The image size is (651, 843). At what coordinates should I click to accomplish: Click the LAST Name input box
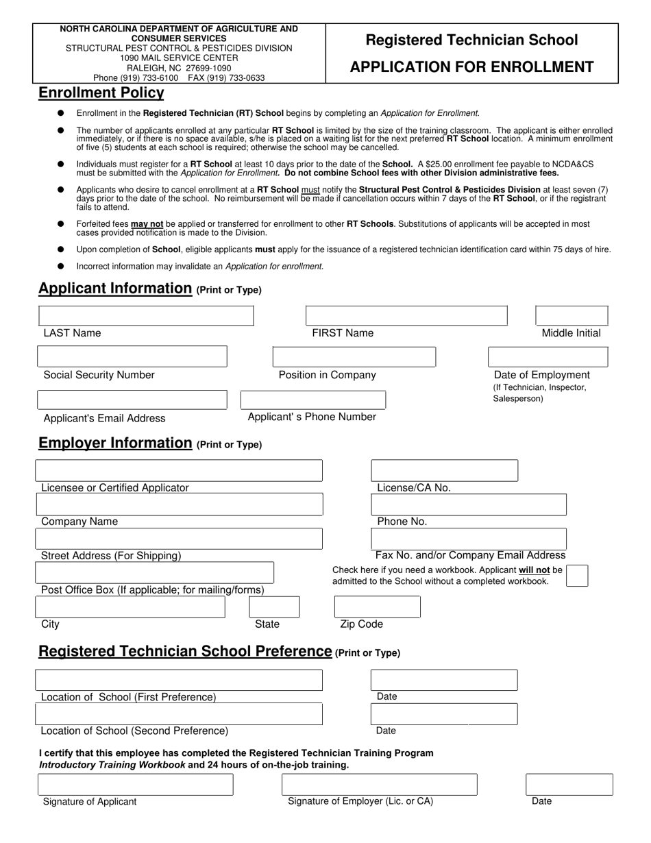[x=146, y=316]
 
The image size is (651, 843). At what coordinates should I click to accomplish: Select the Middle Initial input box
[x=571, y=316]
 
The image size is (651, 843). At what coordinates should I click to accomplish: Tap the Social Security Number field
[x=132, y=357]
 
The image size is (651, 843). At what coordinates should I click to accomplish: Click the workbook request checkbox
[x=577, y=576]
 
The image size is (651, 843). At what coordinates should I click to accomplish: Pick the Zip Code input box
[x=377, y=607]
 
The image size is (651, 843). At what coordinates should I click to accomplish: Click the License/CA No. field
[x=444, y=471]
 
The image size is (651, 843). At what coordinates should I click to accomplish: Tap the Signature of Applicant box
[x=136, y=785]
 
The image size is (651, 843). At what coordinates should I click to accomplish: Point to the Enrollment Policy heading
[x=101, y=93]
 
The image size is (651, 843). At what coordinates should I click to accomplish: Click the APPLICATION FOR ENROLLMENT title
[x=471, y=67]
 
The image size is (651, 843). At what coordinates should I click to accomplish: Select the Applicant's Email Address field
[x=132, y=400]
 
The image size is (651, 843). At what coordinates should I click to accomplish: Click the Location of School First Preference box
[x=178, y=680]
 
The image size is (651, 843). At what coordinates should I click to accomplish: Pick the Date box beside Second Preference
[x=444, y=714]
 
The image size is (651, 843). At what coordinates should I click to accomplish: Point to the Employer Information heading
[x=115, y=443]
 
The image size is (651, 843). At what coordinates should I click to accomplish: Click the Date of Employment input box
[x=548, y=357]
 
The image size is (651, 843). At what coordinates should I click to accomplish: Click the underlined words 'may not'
[x=147, y=224]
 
